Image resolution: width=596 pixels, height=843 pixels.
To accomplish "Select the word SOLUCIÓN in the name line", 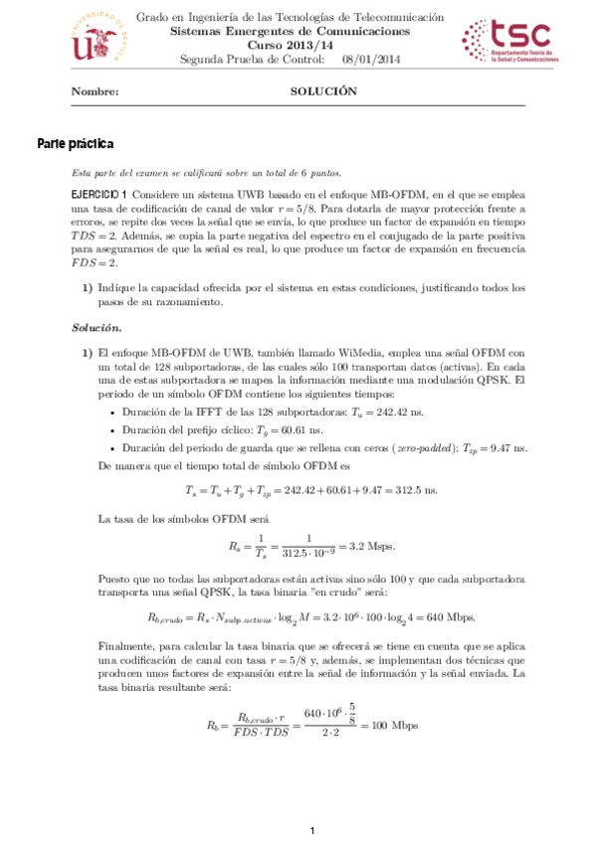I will click(322, 91).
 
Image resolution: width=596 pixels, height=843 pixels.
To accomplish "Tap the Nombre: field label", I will click(96, 91).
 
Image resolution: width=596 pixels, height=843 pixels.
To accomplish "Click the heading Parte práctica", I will click(76, 143).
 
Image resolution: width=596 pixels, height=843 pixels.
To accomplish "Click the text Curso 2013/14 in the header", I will click(291, 46).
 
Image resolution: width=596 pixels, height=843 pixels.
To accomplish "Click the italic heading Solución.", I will click(97, 327).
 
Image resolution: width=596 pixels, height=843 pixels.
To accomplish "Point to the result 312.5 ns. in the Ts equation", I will click(413, 490).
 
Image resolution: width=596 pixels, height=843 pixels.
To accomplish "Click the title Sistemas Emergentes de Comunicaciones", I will click(290, 32).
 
